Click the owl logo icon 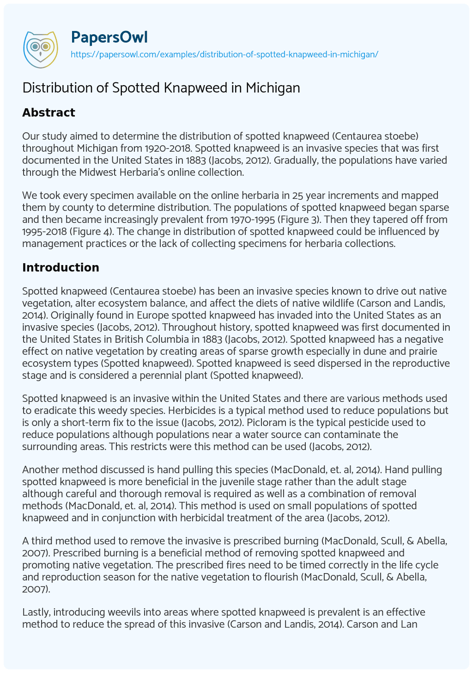(40, 47)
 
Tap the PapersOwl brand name (109, 37)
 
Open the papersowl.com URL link (224, 54)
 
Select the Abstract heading (49, 112)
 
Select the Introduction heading (61, 267)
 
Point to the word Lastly (36, 612)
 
